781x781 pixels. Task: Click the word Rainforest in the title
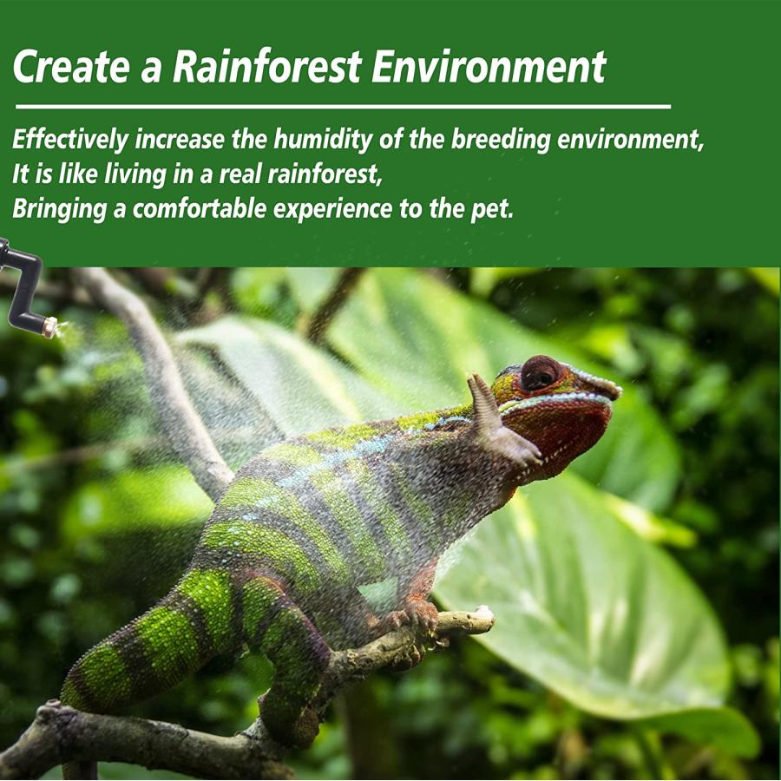point(266,66)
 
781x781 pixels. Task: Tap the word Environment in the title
point(489,66)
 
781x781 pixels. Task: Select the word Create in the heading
point(72,66)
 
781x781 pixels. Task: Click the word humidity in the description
point(322,140)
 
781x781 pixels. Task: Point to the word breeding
point(501,139)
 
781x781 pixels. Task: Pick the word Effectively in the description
point(70,139)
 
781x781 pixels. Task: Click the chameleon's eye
point(541,372)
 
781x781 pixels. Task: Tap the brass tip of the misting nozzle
point(50,327)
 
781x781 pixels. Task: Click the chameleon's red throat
point(555,433)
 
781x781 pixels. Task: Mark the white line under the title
point(343,106)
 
